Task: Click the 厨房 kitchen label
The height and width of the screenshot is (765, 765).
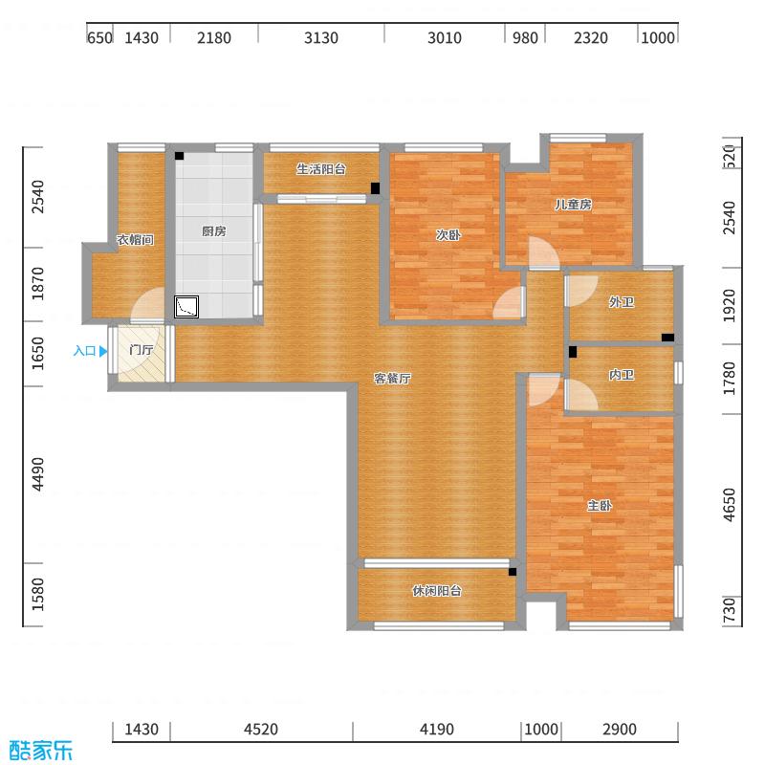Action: point(213,231)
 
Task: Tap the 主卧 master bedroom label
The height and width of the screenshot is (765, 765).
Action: point(600,506)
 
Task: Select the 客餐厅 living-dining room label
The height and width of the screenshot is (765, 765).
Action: point(392,379)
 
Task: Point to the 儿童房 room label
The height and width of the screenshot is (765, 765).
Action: point(573,205)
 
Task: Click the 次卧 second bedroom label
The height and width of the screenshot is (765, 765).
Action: point(448,234)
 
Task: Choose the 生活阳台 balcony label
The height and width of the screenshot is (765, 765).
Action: point(320,169)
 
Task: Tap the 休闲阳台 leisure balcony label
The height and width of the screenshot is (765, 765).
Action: point(437,591)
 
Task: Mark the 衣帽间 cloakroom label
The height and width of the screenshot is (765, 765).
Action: point(135,240)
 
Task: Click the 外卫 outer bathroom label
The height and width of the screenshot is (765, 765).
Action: point(622,303)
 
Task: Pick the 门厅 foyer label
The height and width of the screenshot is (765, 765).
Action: point(142,351)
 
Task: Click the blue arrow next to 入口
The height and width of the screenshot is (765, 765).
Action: point(103,351)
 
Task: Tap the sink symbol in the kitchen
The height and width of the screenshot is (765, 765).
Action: point(186,306)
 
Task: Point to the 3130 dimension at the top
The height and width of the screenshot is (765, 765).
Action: point(321,38)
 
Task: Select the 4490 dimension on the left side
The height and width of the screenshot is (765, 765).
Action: point(38,474)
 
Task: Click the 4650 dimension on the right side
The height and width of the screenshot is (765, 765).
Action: point(731,505)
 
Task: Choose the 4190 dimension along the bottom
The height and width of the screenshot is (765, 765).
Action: point(436,730)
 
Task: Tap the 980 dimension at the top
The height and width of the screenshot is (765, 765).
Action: point(524,38)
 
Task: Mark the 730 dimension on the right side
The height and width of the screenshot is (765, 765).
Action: point(731,610)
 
